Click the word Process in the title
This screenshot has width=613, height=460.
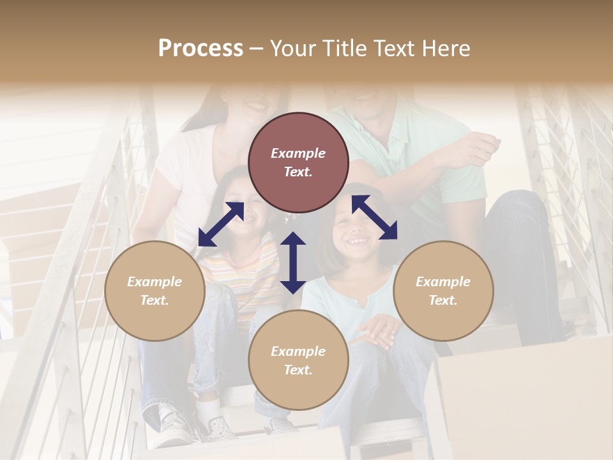coord(201,49)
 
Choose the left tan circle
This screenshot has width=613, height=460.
coord(155,291)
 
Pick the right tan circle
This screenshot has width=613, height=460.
coord(443,291)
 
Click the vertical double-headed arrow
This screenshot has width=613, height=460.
coord(293,263)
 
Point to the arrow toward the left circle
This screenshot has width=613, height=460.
coord(221,224)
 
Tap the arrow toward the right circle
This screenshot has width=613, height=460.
coord(374,217)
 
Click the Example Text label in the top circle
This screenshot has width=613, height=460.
coord(298,162)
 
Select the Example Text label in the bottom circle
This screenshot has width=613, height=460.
coord(298,360)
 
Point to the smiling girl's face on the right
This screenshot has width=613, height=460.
coord(358,230)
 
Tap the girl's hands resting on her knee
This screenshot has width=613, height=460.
coord(379,331)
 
